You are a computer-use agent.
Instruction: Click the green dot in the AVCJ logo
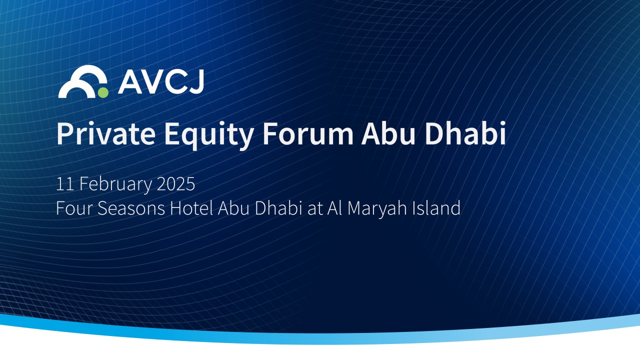point(103,92)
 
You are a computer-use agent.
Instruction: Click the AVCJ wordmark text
point(160,82)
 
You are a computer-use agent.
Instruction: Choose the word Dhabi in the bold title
point(468,133)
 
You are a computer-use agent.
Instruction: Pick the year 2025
point(175,184)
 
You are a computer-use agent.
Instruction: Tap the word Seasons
point(131,208)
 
